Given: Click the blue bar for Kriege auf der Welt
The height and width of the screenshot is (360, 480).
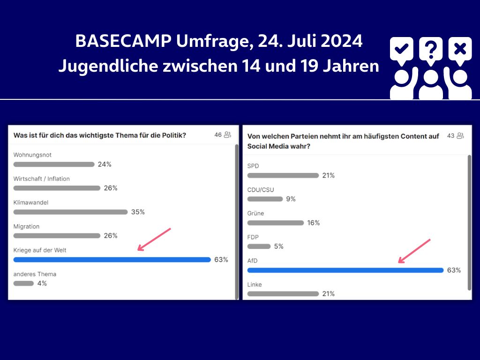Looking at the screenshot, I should tap(112, 260).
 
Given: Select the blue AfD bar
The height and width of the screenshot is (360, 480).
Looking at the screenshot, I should tap(345, 270).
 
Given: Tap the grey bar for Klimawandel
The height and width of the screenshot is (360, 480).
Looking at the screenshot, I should tap(70, 212).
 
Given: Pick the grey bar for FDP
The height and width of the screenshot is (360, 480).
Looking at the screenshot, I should tap(259, 247).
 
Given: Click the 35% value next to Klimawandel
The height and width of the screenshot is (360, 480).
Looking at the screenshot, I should tap(138, 212).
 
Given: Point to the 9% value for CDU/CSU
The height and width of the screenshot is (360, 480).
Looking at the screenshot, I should tap(291, 199).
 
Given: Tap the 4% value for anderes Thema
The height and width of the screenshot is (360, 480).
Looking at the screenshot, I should tap(42, 283).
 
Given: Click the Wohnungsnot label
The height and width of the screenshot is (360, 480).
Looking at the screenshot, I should tap(32, 155).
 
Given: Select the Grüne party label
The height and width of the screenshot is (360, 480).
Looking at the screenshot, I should tap(255, 213).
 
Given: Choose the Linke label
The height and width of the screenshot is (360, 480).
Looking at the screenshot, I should tap(255, 285).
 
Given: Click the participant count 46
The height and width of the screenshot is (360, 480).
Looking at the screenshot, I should tap(218, 135).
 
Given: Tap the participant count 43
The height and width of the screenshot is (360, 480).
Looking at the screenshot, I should tap(451, 136).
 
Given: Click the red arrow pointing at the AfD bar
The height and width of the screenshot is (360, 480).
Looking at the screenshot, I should tap(414, 251).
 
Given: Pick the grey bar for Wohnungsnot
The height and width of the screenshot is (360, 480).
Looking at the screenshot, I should tap(54, 165).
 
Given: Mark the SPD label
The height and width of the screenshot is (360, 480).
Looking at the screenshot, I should tap(253, 166).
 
